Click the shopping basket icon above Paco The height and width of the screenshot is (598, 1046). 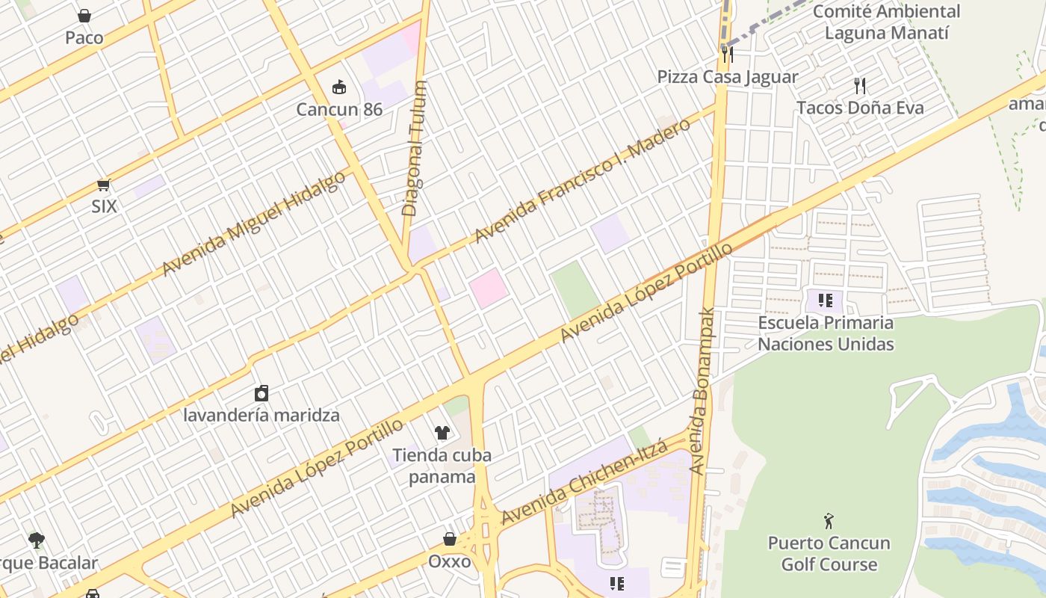pos(84,16)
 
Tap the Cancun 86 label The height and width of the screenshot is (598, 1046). pos(339,110)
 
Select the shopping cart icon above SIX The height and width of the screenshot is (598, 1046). pos(104,185)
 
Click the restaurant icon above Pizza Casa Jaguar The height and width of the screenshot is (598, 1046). pos(728,54)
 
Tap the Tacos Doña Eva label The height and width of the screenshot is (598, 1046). pos(860,108)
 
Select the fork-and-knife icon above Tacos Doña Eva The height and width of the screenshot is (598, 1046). pos(860,86)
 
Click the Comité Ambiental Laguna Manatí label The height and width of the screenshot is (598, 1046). pos(886,22)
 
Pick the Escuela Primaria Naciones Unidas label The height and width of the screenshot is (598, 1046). pos(826,333)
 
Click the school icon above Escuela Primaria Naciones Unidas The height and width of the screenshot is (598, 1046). pos(826,300)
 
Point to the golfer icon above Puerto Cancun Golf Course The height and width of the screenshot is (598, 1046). pos(829,521)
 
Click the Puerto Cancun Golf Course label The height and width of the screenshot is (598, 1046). pos(829,553)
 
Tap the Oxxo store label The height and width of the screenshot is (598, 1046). pos(450,561)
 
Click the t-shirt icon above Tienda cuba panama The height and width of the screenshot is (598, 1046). pos(442,433)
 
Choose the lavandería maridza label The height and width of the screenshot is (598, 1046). pos(261,415)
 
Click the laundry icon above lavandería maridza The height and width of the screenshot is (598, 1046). pos(261,393)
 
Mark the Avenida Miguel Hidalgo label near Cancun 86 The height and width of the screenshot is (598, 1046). pos(254,223)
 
